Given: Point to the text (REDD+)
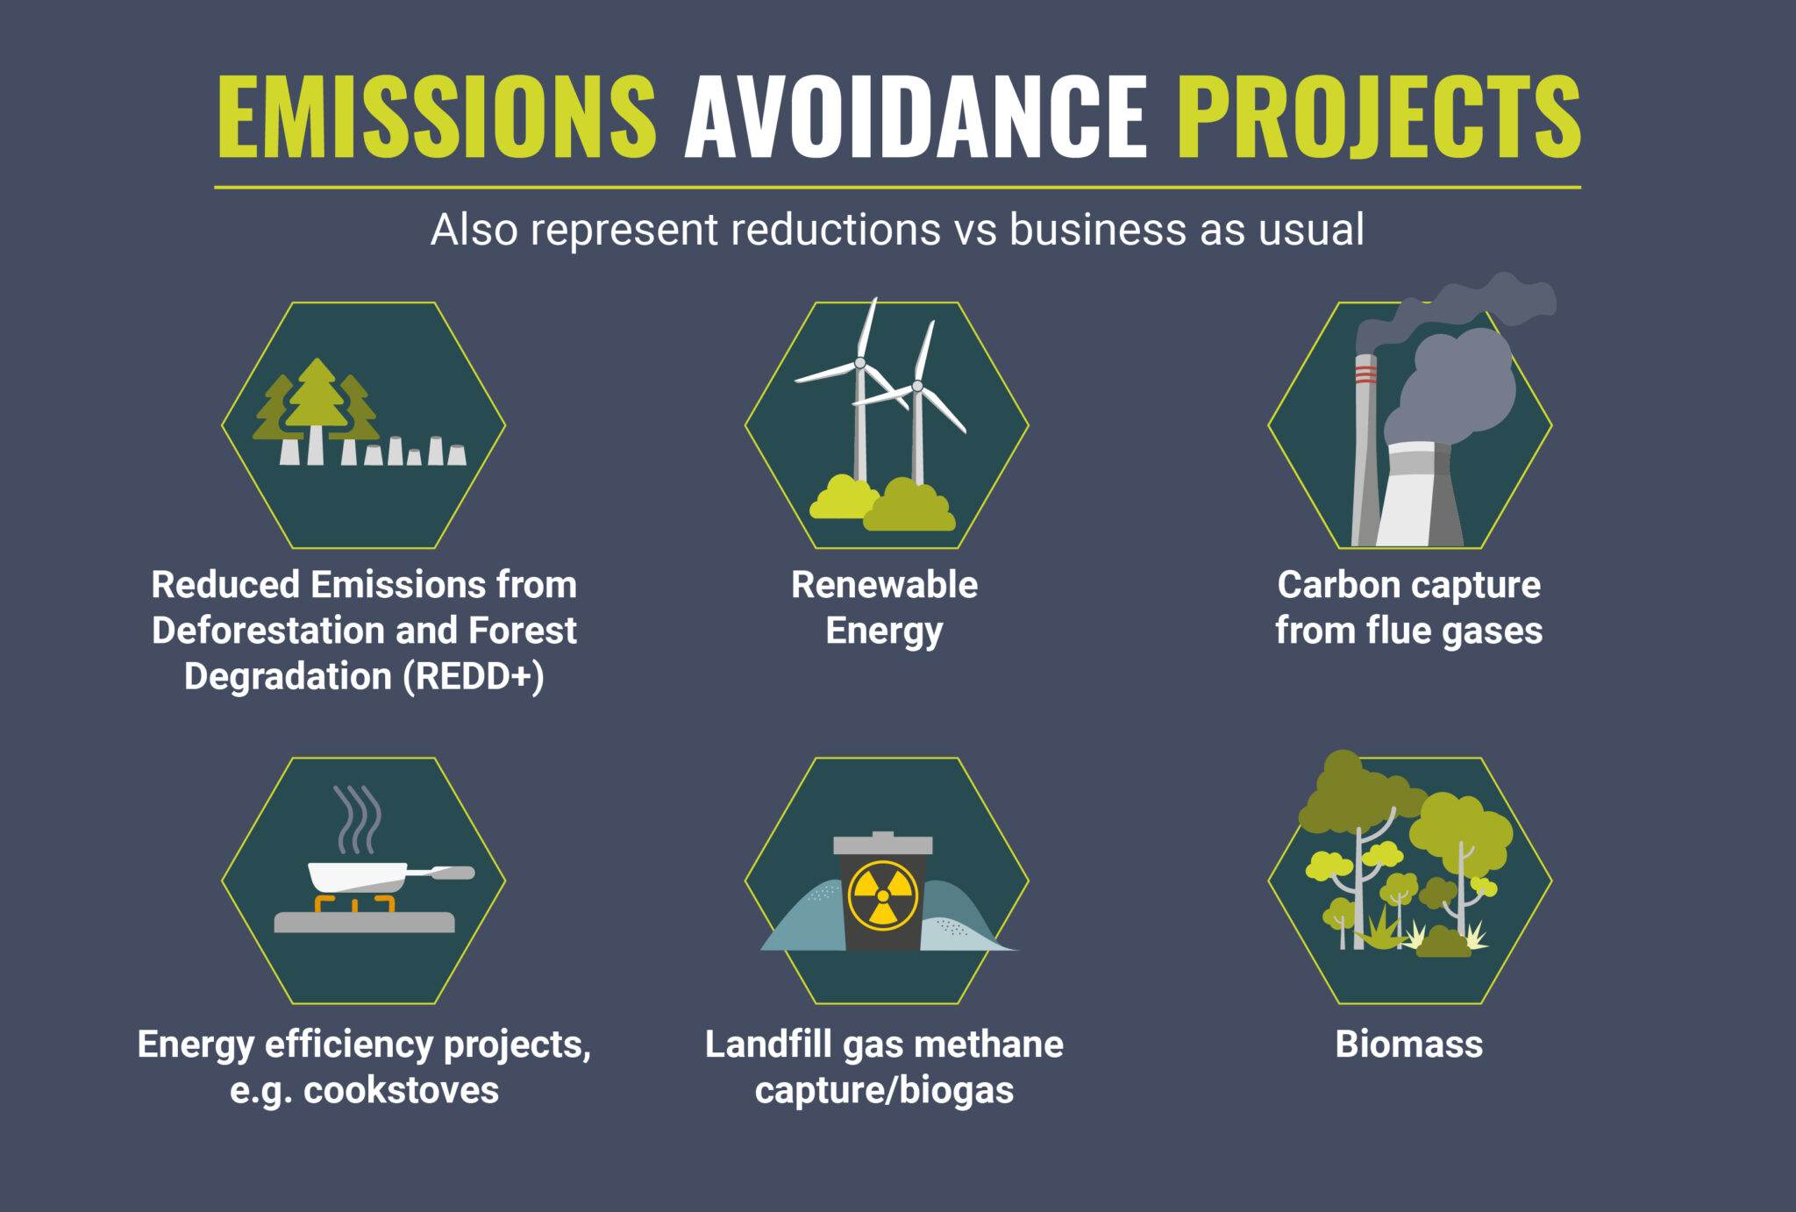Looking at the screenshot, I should coord(474,676).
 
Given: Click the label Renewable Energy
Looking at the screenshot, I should coord(884,607).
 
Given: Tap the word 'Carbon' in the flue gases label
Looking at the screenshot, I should coord(1338,585).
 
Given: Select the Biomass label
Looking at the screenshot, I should coord(1408,1044).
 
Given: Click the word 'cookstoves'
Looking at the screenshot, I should coord(401,1090).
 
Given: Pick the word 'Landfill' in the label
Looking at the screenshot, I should coord(768,1044).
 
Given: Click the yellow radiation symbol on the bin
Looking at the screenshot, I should coord(883,895).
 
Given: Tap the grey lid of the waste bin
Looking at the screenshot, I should coord(883,845).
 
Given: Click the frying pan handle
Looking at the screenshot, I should coord(447,873).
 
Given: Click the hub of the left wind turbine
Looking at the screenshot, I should coord(860,363).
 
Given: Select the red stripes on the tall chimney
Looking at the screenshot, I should coord(1365,375).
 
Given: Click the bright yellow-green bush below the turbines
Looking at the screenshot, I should coord(842,499).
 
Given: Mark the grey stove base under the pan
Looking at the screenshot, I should coord(364,922).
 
